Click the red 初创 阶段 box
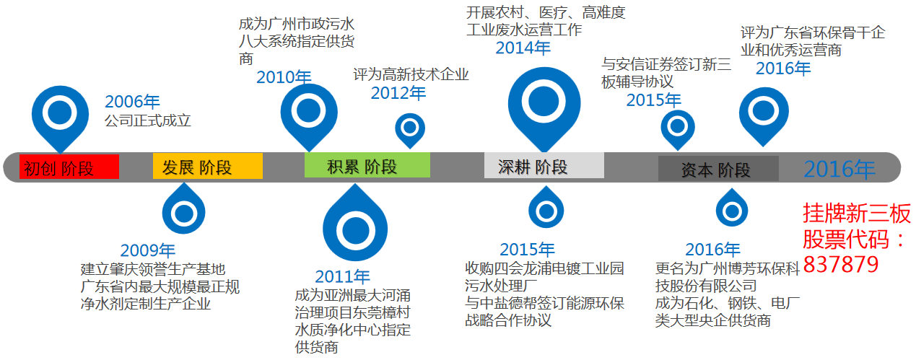coord(69,167)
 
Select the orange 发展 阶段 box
coord(207,167)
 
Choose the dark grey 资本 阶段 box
coord(717,169)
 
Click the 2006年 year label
coord(132,102)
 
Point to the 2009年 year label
coord(148,250)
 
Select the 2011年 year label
coord(342,276)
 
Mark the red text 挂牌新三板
coord(857,214)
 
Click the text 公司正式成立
coord(148,120)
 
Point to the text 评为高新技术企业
coord(411,74)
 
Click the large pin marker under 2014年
coord(544,101)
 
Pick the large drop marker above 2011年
coord(355,229)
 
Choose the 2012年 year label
coord(398,93)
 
